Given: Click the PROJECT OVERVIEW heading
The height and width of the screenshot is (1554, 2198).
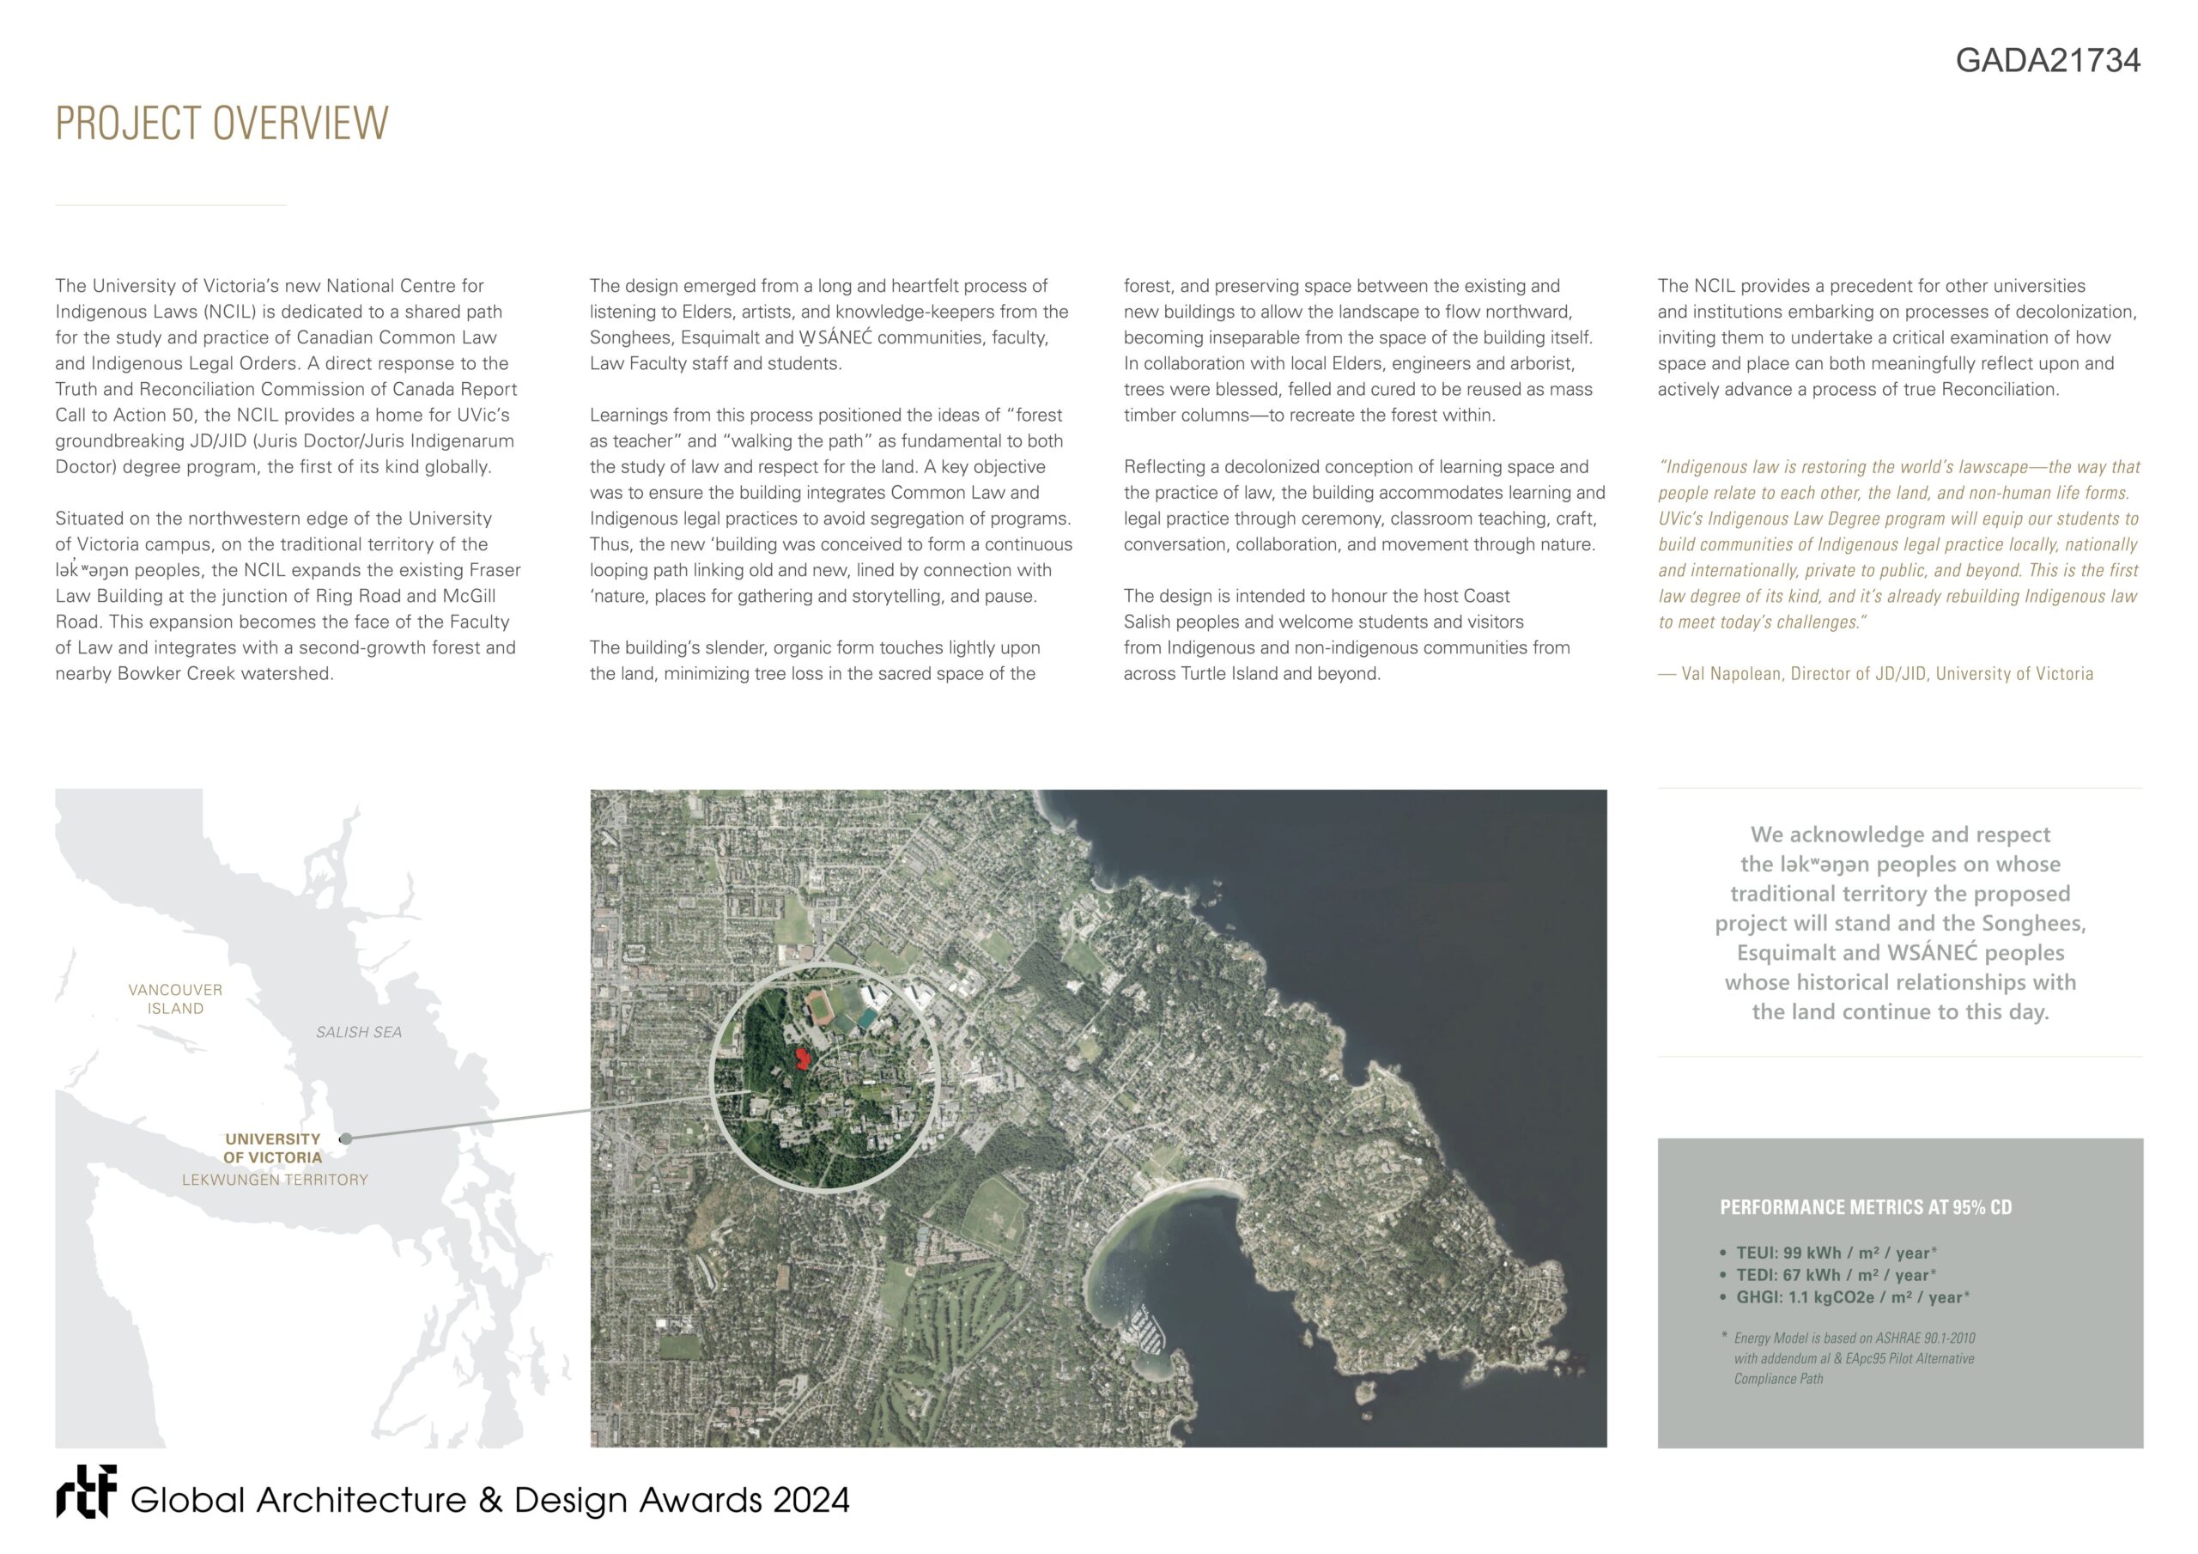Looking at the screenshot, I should click(x=222, y=124).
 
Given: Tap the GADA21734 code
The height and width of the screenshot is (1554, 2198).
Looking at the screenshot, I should click(x=2047, y=60).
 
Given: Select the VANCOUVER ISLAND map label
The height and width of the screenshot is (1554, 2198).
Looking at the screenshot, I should click(x=175, y=999).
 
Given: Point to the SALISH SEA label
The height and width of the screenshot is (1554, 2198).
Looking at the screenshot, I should click(x=359, y=1032).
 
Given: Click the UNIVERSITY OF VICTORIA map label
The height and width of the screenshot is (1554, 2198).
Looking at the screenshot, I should click(x=273, y=1148).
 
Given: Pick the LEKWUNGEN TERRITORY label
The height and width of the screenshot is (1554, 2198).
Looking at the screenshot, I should click(x=275, y=1180).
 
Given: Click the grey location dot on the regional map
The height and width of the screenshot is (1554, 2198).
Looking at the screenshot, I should click(x=347, y=1138).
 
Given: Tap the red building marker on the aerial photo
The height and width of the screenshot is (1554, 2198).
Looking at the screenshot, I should click(x=801, y=1058).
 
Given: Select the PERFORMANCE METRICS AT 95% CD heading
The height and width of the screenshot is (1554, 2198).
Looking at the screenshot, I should click(x=1865, y=1207).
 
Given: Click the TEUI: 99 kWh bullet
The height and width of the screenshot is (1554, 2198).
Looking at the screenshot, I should click(x=1837, y=1253).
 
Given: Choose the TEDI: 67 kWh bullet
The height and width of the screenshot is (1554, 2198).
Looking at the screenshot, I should click(x=1837, y=1274).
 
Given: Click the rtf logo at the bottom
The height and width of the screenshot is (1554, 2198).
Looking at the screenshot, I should click(x=86, y=1492).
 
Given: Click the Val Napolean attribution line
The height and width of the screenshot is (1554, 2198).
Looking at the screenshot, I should click(x=1875, y=673).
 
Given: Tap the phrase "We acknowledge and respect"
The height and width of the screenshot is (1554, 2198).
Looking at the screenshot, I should click(x=1900, y=834).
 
